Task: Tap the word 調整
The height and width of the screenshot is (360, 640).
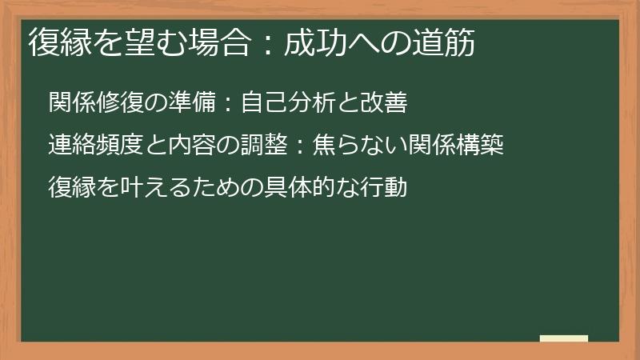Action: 276,146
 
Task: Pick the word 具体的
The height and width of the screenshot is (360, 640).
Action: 302,189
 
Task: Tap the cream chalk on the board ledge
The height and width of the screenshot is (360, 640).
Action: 563,338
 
